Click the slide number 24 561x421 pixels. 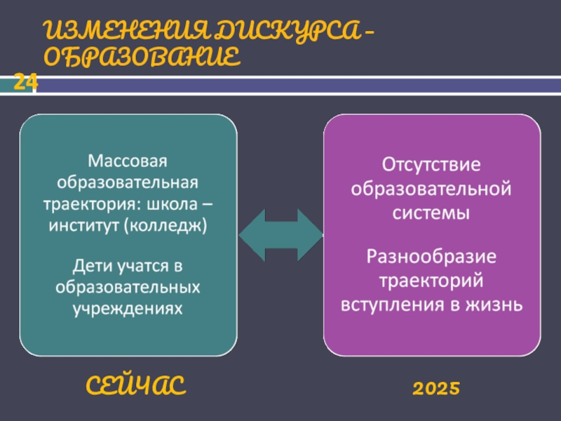click(25, 83)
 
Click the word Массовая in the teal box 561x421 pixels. click(128, 161)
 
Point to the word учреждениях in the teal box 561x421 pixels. click(128, 308)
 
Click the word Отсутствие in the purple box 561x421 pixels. click(431, 166)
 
